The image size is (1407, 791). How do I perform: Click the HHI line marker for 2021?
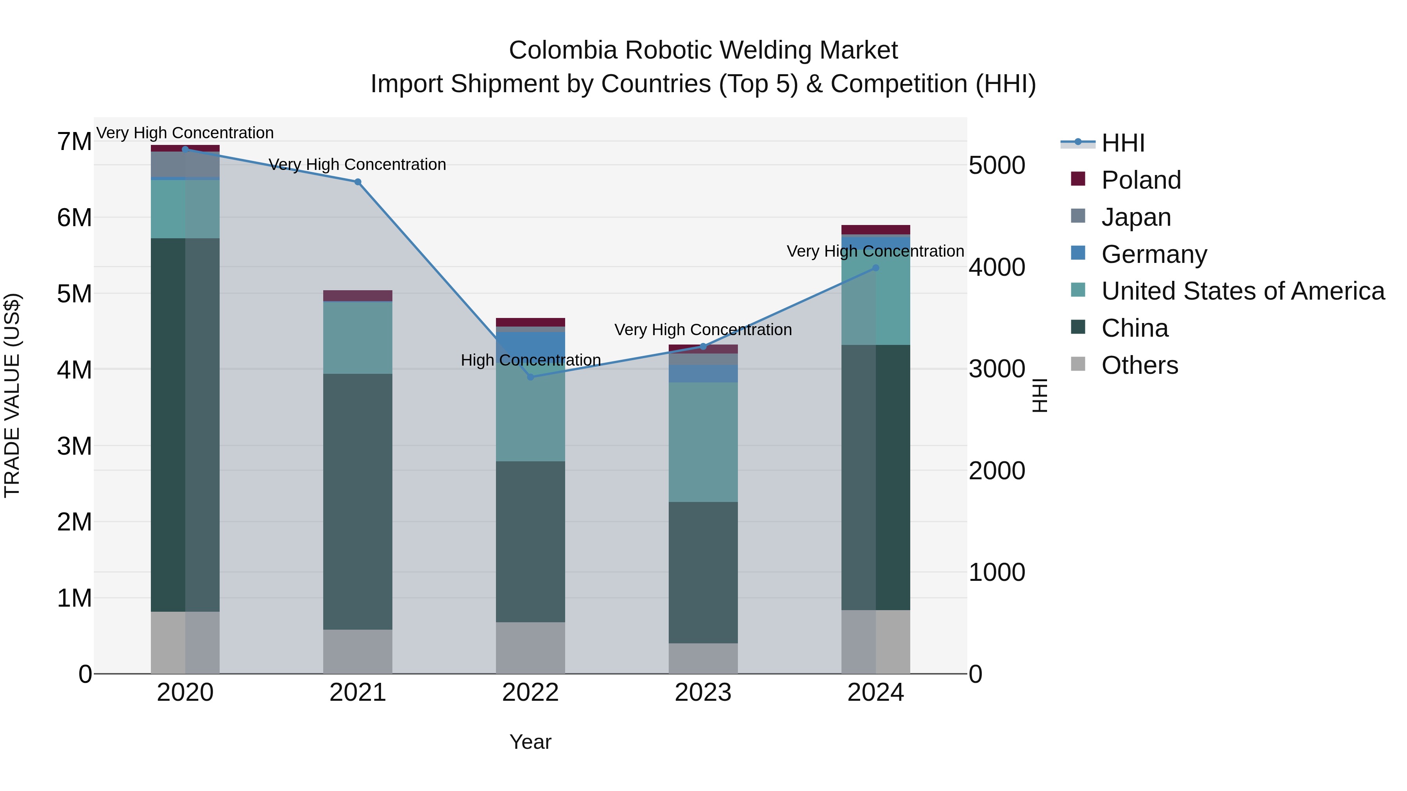[358, 182]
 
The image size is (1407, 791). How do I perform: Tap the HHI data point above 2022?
[530, 377]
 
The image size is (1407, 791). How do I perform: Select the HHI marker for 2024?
[875, 268]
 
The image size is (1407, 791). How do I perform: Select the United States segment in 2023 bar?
[703, 442]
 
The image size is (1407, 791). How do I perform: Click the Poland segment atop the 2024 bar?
[875, 229]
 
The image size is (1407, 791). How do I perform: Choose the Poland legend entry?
[1140, 180]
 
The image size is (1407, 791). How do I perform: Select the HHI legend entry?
[1122, 143]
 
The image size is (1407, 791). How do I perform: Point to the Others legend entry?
[1139, 365]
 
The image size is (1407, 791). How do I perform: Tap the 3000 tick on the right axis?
[997, 369]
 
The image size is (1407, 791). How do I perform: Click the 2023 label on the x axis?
[703, 693]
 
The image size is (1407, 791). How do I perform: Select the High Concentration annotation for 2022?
[530, 360]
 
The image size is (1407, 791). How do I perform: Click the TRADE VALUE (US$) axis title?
[12, 395]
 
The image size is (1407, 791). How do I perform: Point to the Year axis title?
[530, 742]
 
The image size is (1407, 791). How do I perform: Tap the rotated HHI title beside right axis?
[1039, 395]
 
